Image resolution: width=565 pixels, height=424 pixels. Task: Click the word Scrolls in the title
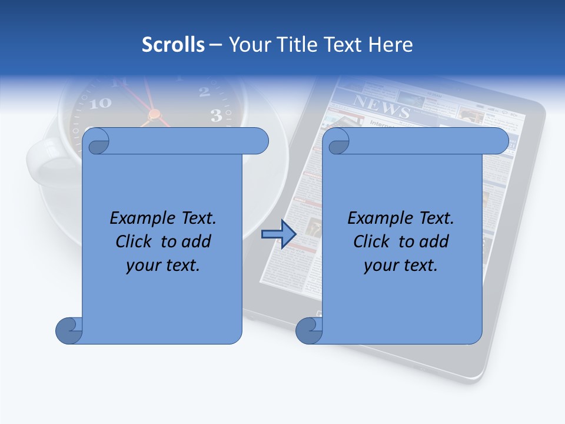[173, 45]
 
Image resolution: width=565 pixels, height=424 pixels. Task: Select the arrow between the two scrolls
[278, 234]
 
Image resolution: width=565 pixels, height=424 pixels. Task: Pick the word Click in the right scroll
[371, 241]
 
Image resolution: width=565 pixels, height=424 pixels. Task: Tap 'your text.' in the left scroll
[163, 265]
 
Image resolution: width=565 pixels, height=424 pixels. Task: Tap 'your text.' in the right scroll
[401, 265]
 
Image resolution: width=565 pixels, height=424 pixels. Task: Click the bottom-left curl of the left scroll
[69, 330]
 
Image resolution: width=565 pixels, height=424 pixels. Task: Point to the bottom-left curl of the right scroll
[309, 330]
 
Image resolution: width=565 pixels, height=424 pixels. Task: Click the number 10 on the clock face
[101, 103]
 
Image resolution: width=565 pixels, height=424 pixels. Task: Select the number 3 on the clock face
[216, 115]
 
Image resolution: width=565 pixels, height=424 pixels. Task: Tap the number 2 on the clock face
[204, 91]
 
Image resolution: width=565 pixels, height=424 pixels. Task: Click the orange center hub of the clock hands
[154, 114]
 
